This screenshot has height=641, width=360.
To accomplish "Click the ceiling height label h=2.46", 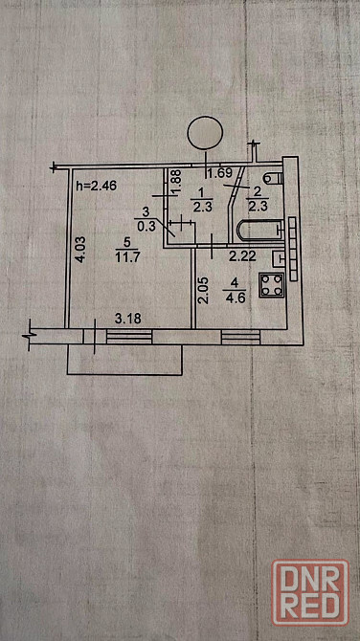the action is point(97,186).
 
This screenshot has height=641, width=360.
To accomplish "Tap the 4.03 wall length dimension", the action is point(81,250).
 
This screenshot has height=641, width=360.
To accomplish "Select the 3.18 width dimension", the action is point(128,319).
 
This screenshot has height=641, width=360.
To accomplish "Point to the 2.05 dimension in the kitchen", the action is point(205,291).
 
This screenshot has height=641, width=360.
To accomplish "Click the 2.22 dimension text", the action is point(242,256).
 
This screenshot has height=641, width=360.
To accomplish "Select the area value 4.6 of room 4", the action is point(235,297).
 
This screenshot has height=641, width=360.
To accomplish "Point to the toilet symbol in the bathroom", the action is point(273,178).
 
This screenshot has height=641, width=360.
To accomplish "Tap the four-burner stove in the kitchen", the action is point(271,285).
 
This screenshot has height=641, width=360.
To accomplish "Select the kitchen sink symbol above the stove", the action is point(279,257).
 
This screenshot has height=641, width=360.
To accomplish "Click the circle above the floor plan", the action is point(205,133).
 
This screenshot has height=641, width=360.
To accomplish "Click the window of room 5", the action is point(129,337).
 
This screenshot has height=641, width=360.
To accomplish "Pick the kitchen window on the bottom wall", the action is point(240,337).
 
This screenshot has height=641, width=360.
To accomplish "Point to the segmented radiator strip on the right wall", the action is point(293,249).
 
